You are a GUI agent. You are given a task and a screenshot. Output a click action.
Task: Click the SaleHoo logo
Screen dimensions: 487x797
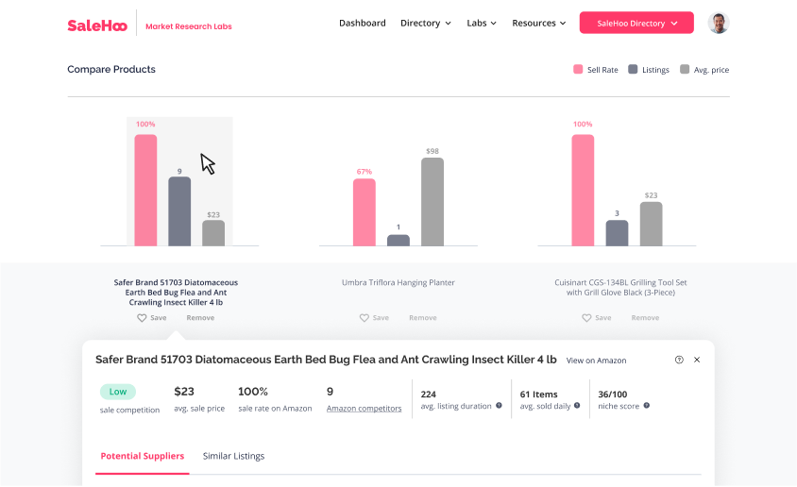tap(97, 25)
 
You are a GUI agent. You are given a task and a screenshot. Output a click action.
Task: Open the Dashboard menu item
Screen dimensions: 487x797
tap(362, 23)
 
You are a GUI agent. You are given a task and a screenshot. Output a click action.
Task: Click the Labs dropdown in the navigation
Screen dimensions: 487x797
tap(482, 23)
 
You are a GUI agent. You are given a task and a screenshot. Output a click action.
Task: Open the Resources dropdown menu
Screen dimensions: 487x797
tap(538, 23)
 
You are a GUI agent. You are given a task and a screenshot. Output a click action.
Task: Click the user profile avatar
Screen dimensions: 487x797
tap(719, 23)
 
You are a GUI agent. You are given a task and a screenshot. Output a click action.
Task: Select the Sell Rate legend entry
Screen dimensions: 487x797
tap(595, 70)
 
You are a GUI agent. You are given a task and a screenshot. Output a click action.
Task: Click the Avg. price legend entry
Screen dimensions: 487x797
tap(704, 70)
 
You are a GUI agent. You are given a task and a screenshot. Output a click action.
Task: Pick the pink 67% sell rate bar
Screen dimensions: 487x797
tap(365, 212)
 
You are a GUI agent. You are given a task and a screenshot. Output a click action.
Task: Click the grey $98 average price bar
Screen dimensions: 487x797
tap(432, 201)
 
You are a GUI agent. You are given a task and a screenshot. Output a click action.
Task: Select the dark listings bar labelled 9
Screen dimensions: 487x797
tap(179, 211)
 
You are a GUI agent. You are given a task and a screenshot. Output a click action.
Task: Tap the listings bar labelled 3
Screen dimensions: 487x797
tap(617, 233)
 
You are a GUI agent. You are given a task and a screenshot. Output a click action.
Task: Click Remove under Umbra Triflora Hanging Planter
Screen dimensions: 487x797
tap(422, 318)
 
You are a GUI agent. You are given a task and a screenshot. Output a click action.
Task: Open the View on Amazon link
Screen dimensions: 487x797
tap(596, 361)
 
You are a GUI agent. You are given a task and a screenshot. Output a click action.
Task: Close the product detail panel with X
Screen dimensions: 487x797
tap(697, 360)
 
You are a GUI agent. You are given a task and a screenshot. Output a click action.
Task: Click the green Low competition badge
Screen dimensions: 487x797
tap(117, 392)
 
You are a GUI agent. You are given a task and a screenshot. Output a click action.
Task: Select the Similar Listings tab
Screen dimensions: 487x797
tap(233, 456)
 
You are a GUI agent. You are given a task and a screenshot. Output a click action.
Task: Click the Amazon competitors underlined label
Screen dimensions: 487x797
tap(364, 409)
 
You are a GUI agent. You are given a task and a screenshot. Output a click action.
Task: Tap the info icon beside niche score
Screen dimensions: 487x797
tap(647, 406)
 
